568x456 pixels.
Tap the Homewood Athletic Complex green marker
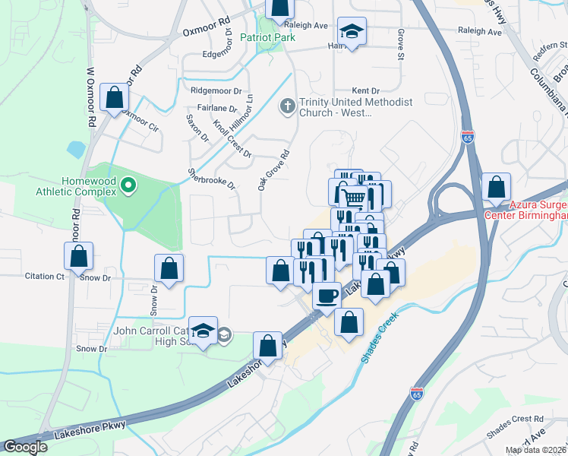(x=128, y=184)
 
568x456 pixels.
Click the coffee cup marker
(x=327, y=295)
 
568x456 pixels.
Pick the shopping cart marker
(x=352, y=198)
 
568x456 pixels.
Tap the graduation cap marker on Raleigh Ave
(x=352, y=32)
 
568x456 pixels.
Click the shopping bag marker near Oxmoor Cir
(x=114, y=97)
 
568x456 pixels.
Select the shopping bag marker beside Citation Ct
(x=79, y=256)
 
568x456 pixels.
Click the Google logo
(x=25, y=447)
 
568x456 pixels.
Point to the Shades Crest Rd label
(x=516, y=419)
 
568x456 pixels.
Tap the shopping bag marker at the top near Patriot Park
(x=279, y=7)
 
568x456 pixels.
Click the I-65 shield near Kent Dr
(x=468, y=138)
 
